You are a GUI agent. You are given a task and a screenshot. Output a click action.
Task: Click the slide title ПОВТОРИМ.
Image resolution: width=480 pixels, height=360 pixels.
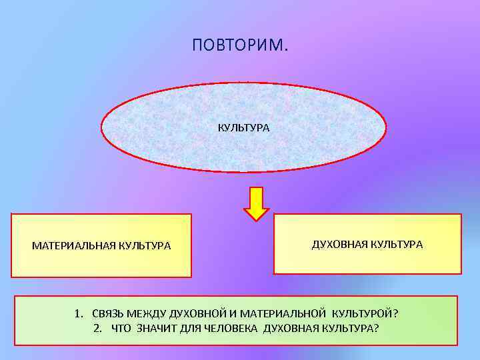coord(240,45)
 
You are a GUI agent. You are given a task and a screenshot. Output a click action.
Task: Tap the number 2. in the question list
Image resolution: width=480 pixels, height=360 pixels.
coord(99,328)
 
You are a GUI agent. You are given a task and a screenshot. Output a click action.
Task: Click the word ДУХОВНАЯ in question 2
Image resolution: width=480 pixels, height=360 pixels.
coord(291,328)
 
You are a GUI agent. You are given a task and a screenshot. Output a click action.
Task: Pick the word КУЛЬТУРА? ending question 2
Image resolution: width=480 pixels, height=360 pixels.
coord(351,328)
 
